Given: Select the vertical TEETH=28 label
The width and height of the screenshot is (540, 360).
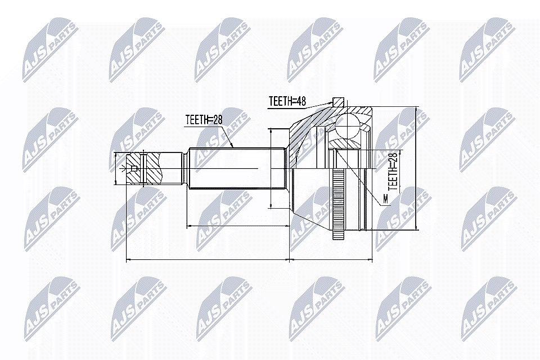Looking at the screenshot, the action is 393,172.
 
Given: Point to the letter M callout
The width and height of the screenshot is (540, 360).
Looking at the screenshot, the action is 385,199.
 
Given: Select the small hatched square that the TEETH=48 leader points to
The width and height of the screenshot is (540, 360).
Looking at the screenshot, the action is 338,102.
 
